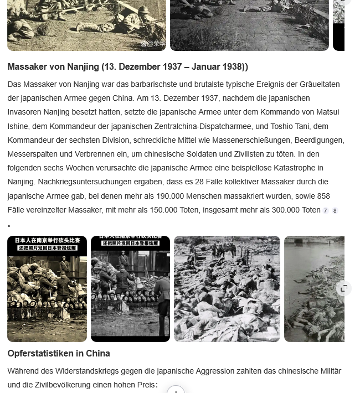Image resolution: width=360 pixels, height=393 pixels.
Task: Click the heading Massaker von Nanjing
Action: point(127,67)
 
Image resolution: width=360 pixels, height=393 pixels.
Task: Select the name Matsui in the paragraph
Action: point(326,112)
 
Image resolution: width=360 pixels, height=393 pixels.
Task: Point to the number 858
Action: point(322,195)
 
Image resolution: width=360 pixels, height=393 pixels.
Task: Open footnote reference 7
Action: point(325,211)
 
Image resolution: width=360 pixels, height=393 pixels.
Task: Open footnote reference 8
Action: point(335,211)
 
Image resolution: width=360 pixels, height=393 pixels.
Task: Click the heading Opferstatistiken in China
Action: point(59,353)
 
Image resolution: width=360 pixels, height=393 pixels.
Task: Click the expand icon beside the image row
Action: point(344,288)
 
